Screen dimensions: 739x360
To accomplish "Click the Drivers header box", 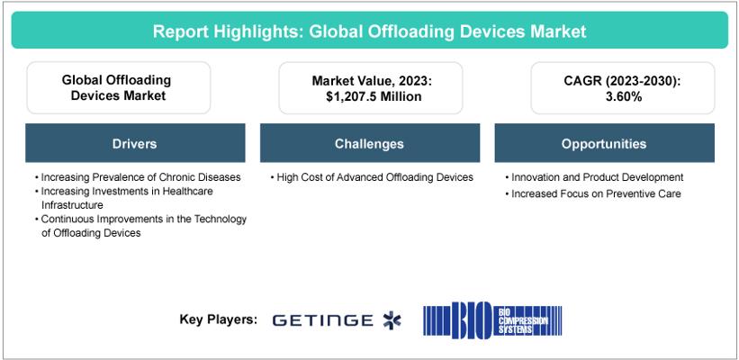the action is [x=135, y=143].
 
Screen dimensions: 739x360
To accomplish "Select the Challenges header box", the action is [x=369, y=143].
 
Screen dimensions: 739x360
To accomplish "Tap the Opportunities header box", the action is [x=604, y=143].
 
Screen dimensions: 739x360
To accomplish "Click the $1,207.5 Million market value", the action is [x=371, y=96].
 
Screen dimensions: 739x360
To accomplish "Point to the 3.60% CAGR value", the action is [x=623, y=96].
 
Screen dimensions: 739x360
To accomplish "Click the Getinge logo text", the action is [x=322, y=321].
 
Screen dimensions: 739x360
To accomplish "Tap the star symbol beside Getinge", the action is [x=392, y=320].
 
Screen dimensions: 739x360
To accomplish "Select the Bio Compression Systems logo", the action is [x=492, y=319].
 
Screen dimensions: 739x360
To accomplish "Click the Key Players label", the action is [x=218, y=319].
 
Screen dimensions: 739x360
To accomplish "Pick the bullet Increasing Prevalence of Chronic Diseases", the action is [x=138, y=177].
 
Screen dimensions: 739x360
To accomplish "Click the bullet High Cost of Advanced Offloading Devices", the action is [x=372, y=177].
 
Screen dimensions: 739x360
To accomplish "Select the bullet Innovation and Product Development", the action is [x=594, y=177].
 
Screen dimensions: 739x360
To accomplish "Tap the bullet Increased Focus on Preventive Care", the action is [x=592, y=193].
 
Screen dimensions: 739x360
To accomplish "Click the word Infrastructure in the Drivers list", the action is [x=72, y=205].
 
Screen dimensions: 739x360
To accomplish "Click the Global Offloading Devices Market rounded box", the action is [x=118, y=87].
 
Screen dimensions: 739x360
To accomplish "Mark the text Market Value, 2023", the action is [x=372, y=81].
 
